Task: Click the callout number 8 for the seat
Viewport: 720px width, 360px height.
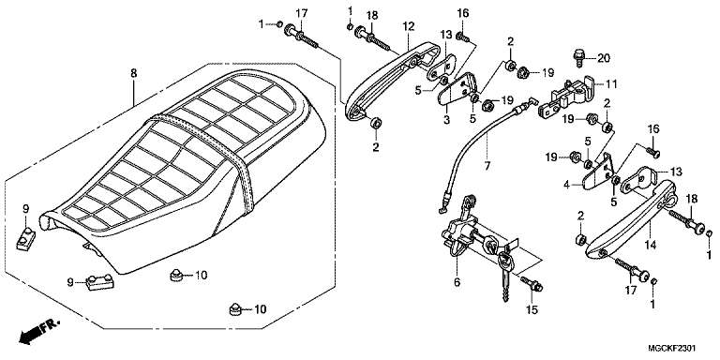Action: pos(133,73)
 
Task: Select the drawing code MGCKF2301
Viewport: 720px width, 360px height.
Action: pos(674,349)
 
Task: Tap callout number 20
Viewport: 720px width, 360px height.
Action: pos(604,58)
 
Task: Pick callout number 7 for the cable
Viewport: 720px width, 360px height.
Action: pos(487,165)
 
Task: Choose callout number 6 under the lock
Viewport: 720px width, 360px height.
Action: pos(457,282)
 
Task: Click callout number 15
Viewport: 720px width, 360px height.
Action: pos(532,310)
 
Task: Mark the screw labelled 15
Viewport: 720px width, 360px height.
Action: pos(532,284)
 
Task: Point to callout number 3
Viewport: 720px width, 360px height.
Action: pos(447,120)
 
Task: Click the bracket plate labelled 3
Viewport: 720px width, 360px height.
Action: pos(457,91)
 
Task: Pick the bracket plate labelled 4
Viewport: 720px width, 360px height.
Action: pos(598,172)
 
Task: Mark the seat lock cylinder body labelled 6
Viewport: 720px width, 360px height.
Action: pos(459,230)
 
